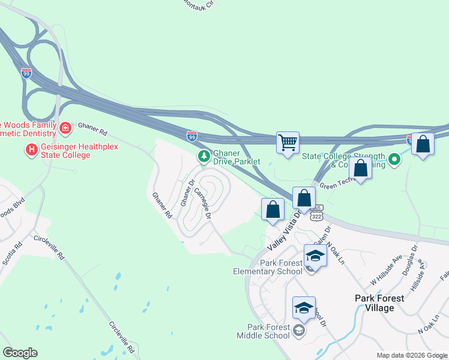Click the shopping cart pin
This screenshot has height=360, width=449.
coord(288,143)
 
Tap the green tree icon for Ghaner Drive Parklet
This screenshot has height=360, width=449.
coord(204,156)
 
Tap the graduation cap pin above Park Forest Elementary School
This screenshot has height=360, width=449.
coord(315,256)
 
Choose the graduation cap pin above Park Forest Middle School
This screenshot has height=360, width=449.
coord(304,308)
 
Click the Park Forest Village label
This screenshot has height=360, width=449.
coord(382,303)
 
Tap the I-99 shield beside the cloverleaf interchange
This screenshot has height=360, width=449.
coord(26,73)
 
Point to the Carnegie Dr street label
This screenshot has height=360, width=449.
coord(202,203)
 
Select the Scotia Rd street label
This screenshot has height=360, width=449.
coord(12,254)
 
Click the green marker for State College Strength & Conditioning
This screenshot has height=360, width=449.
coord(394,160)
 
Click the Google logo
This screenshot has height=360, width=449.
coord(20,353)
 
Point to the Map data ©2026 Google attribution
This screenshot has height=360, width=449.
coord(412,355)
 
